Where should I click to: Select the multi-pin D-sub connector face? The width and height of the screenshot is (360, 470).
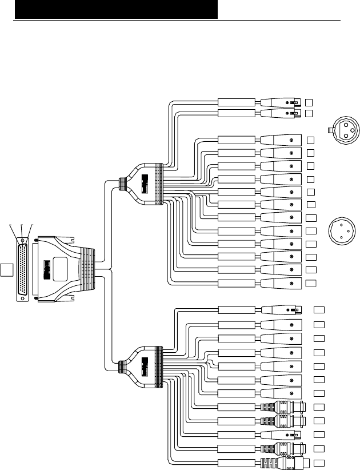click(23, 268)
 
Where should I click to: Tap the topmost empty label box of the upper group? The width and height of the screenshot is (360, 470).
click(309, 102)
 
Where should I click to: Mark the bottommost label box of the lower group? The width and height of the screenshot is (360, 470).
click(319, 461)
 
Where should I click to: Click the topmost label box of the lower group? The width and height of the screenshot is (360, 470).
click(319, 309)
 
